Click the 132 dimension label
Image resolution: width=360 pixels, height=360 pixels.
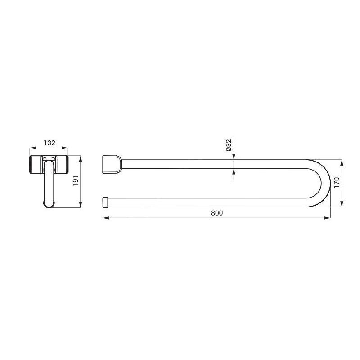49,143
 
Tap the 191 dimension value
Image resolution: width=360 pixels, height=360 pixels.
76,181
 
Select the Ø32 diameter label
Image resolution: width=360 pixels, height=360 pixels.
229,145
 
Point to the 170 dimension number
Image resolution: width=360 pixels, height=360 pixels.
337,183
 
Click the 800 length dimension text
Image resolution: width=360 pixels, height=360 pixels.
217,213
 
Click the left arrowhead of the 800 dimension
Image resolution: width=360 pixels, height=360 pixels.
106,218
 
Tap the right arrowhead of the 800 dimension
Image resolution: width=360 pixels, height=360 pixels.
328,218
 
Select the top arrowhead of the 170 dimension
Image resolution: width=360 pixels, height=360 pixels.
342,162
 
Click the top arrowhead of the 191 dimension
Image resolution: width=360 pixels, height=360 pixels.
81,159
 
